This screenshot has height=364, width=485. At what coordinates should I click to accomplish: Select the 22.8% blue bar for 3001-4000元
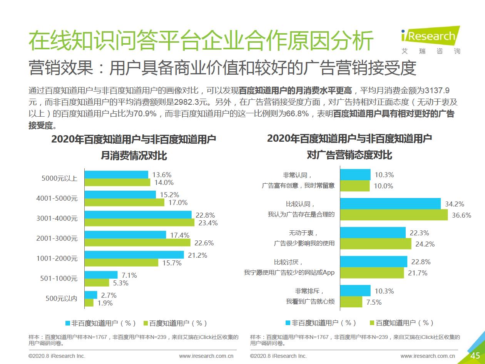coord(138,215)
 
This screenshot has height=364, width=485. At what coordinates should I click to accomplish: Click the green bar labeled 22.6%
coord(137,243)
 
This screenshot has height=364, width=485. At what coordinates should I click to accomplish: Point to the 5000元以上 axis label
coord(59,178)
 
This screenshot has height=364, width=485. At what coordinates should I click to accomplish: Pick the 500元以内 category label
coord(62,298)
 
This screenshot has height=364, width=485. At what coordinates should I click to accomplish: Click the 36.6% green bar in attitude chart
coord(394,215)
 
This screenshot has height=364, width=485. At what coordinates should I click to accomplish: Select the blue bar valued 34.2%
coord(390,204)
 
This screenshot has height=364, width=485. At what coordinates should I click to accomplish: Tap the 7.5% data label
coord(374,302)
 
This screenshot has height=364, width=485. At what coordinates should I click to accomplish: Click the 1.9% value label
coord(104,303)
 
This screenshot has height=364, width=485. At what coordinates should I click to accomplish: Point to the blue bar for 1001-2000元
coord(134,255)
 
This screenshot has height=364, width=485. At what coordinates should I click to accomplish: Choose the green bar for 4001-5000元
coord(124,202)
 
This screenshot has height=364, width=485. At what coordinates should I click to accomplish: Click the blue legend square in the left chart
coord(68,323)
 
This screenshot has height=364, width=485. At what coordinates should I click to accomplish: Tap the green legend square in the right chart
coord(372,323)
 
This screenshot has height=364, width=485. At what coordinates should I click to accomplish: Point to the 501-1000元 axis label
coord(59,278)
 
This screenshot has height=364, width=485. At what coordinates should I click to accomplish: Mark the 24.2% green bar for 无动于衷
coord(376,244)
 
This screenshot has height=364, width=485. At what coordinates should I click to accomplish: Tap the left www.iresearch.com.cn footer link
coord(206,356)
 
